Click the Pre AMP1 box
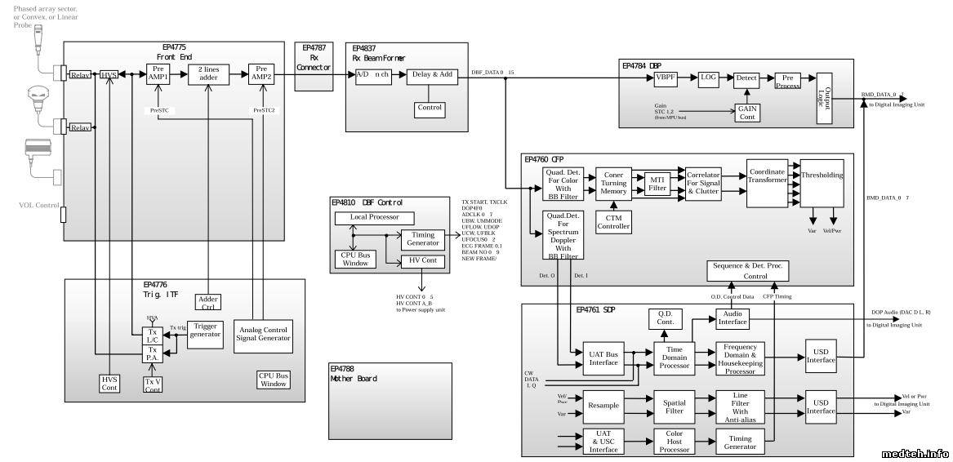[158, 74]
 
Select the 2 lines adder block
[210, 74]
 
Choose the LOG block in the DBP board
[708, 78]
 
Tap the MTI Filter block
[657, 183]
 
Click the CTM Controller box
[613, 220]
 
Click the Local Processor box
[375, 218]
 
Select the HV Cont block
[423, 261]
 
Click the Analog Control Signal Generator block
[263, 334]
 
